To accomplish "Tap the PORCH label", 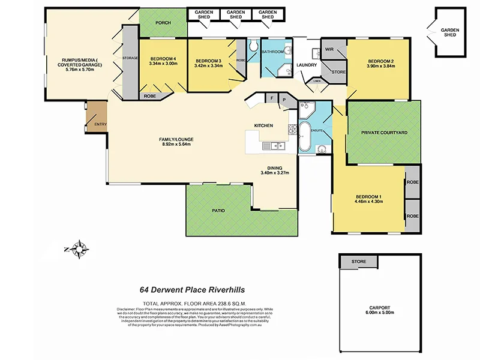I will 163,23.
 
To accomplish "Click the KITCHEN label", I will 263,125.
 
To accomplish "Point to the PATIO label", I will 218,211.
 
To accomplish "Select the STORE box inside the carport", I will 359,262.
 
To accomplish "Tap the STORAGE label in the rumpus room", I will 130,58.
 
